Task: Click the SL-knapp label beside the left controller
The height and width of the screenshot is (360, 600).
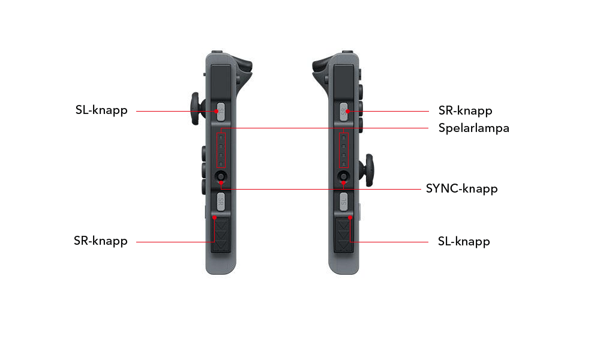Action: click(x=101, y=110)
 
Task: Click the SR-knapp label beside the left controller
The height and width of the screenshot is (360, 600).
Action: click(x=101, y=241)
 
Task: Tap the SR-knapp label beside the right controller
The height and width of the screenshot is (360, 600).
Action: click(x=466, y=111)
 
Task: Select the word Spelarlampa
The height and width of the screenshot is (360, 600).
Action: click(x=474, y=128)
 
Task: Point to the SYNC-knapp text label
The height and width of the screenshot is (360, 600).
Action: click(x=462, y=188)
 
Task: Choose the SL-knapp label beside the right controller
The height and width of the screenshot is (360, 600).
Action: click(x=464, y=242)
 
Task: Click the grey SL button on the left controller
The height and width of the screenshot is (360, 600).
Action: click(x=221, y=112)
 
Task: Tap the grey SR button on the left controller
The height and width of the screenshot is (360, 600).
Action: click(x=221, y=201)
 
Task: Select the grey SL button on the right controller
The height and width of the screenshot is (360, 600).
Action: click(x=344, y=201)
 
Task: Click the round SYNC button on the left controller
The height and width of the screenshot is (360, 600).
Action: click(x=221, y=176)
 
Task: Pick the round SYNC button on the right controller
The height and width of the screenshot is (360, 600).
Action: click(x=344, y=176)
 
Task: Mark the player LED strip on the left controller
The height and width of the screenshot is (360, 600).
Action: click(x=221, y=151)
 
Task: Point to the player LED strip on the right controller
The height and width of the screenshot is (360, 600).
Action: click(x=344, y=151)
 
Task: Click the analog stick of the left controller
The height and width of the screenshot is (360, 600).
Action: click(x=197, y=109)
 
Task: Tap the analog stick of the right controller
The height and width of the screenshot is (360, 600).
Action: click(x=367, y=170)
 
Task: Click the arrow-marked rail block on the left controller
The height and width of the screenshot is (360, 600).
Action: click(x=221, y=235)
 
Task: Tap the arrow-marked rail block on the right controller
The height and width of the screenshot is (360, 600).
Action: click(x=344, y=235)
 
